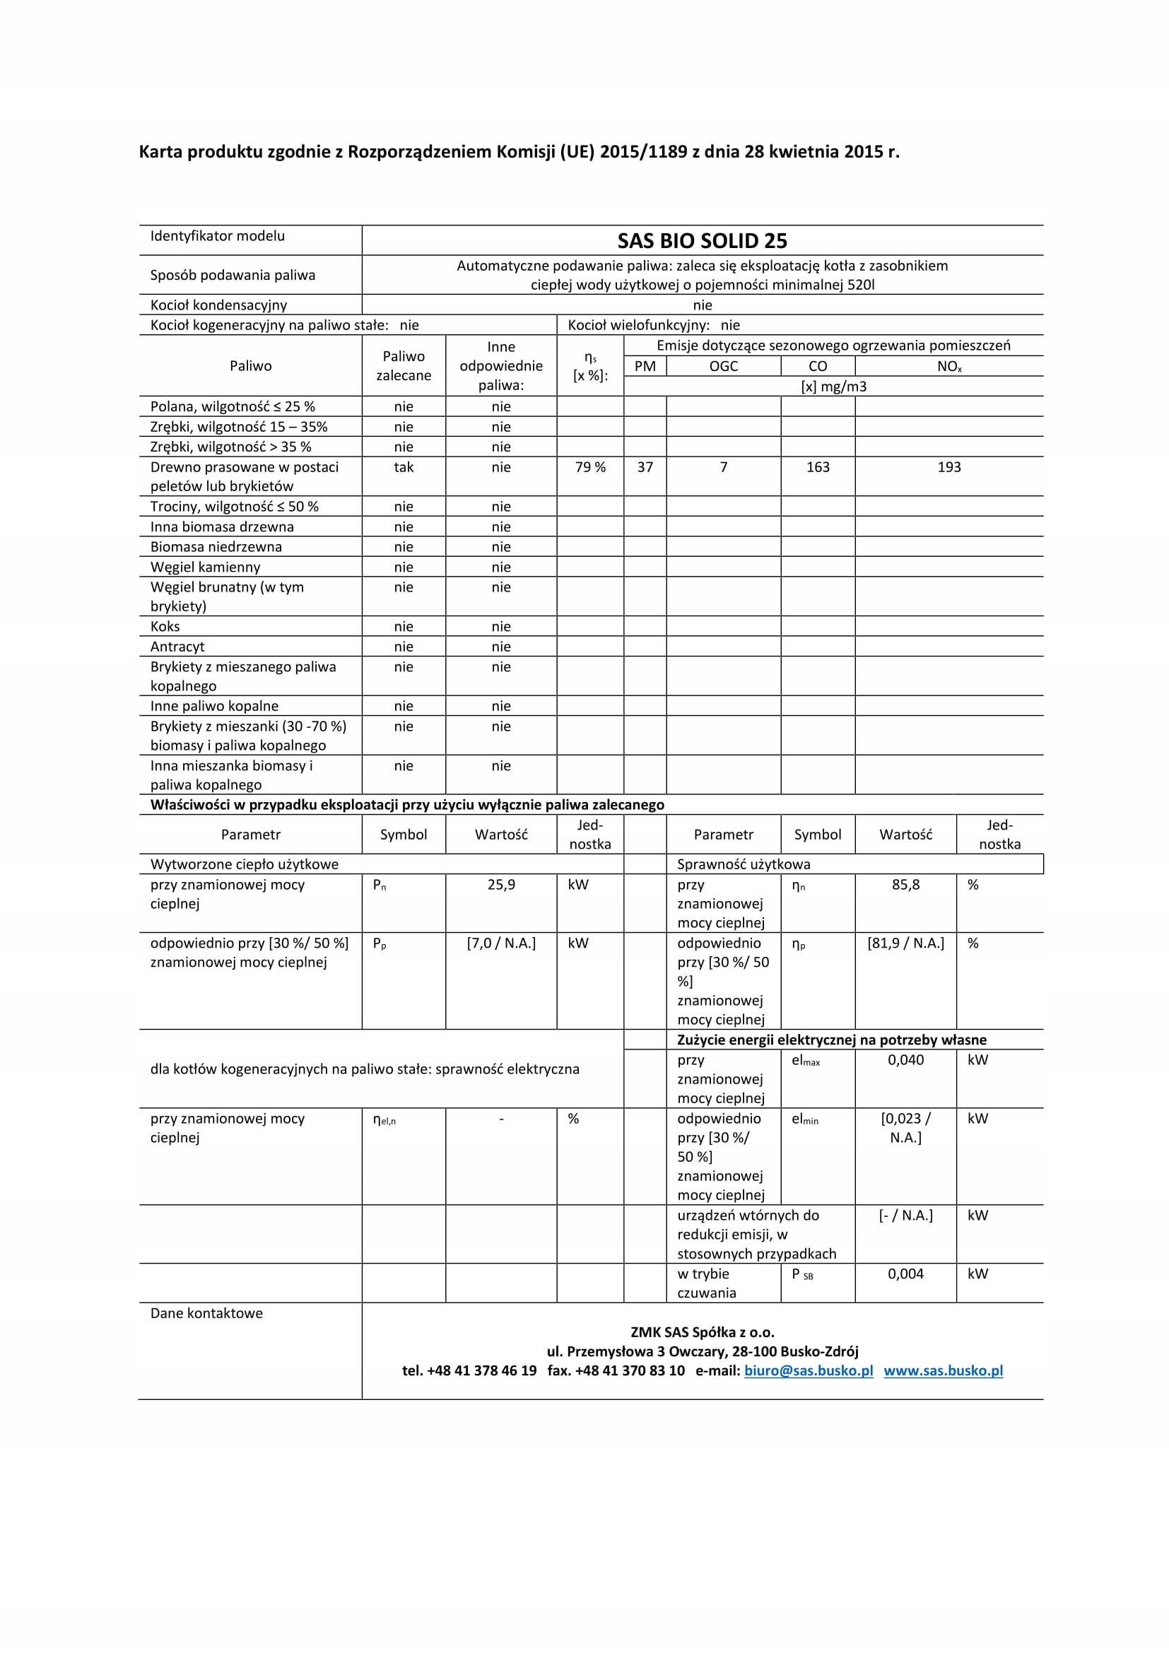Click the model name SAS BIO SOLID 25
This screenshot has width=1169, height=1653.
[702, 240]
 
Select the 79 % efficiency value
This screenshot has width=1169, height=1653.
[590, 467]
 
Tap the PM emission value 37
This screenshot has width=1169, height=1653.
[645, 467]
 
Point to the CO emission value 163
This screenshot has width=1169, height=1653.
[818, 467]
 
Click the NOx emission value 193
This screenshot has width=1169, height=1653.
[948, 467]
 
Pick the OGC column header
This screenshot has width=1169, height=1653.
[724, 367]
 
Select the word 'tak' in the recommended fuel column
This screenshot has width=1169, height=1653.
[403, 467]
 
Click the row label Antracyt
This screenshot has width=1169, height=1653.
[177, 647]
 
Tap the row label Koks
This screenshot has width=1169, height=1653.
[165, 626]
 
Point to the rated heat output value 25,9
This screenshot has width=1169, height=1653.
[501, 885]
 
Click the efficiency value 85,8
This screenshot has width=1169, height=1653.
[905, 885]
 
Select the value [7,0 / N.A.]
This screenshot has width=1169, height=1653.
[501, 943]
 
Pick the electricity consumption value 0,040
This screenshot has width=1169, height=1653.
[905, 1060]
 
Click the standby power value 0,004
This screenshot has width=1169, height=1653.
[905, 1273]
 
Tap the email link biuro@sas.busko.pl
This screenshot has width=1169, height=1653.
[809, 1371]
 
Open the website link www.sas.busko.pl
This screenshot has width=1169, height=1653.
[943, 1371]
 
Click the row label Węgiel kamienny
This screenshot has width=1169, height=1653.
[205, 567]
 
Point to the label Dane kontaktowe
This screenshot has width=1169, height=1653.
[206, 1313]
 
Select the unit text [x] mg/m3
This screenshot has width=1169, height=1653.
[833, 387]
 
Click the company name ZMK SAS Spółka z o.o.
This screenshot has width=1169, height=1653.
[702, 1332]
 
